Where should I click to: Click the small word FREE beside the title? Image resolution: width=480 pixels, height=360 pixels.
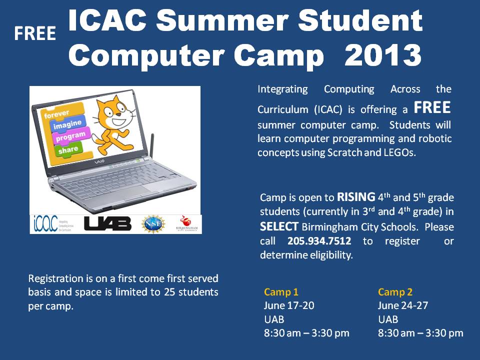(x=34, y=33)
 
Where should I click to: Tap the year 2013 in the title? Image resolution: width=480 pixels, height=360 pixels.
(x=383, y=55)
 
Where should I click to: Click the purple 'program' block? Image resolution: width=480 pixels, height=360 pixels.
(x=70, y=136)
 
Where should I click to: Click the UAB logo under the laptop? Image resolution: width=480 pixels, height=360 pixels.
(x=107, y=223)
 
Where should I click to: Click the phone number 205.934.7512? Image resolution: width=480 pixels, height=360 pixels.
(x=319, y=241)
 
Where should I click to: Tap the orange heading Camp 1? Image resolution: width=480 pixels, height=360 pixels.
(x=281, y=292)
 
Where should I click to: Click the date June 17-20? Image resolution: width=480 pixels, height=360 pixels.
(x=289, y=305)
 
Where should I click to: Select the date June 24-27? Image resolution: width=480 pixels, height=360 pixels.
(x=403, y=305)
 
